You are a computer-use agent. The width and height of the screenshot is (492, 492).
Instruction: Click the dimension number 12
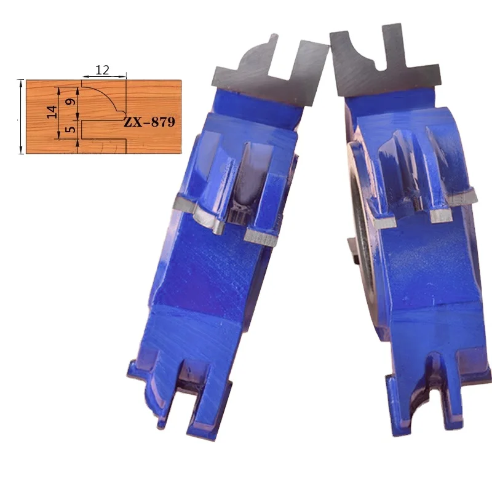[x=102, y=69]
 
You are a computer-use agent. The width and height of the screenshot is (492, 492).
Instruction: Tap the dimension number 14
[x=52, y=112]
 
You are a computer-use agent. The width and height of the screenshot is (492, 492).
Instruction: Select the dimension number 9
[x=71, y=101]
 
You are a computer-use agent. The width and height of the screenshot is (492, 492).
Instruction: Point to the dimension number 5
[x=71, y=129]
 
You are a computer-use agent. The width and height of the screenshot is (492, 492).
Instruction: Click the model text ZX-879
[x=149, y=122]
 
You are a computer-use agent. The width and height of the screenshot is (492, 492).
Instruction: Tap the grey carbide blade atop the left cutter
[x=270, y=71]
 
